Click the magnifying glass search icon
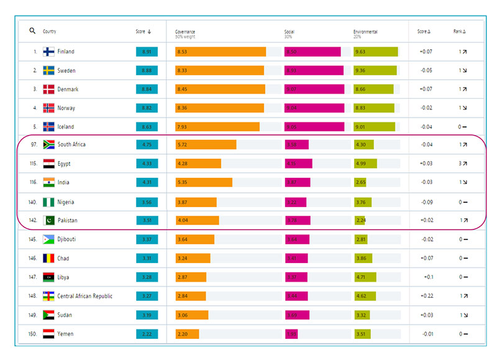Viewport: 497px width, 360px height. tap(32, 31)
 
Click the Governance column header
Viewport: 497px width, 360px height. tap(185, 32)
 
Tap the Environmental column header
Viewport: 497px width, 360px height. tap(365, 32)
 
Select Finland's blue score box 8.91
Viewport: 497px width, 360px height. tap(147, 52)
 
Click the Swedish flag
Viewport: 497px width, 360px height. tap(49, 71)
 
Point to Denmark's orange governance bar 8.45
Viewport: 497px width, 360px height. tap(220, 90)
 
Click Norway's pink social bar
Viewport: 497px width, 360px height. tap(314, 108)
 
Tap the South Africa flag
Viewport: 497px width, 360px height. tap(49, 145)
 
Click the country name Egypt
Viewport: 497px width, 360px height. tap(64, 164)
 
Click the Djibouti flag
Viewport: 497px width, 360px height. tap(49, 239)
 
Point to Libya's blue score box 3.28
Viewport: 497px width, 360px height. tap(147, 277)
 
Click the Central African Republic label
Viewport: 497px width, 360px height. tap(85, 296)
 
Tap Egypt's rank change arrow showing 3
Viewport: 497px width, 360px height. tap(462, 164)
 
